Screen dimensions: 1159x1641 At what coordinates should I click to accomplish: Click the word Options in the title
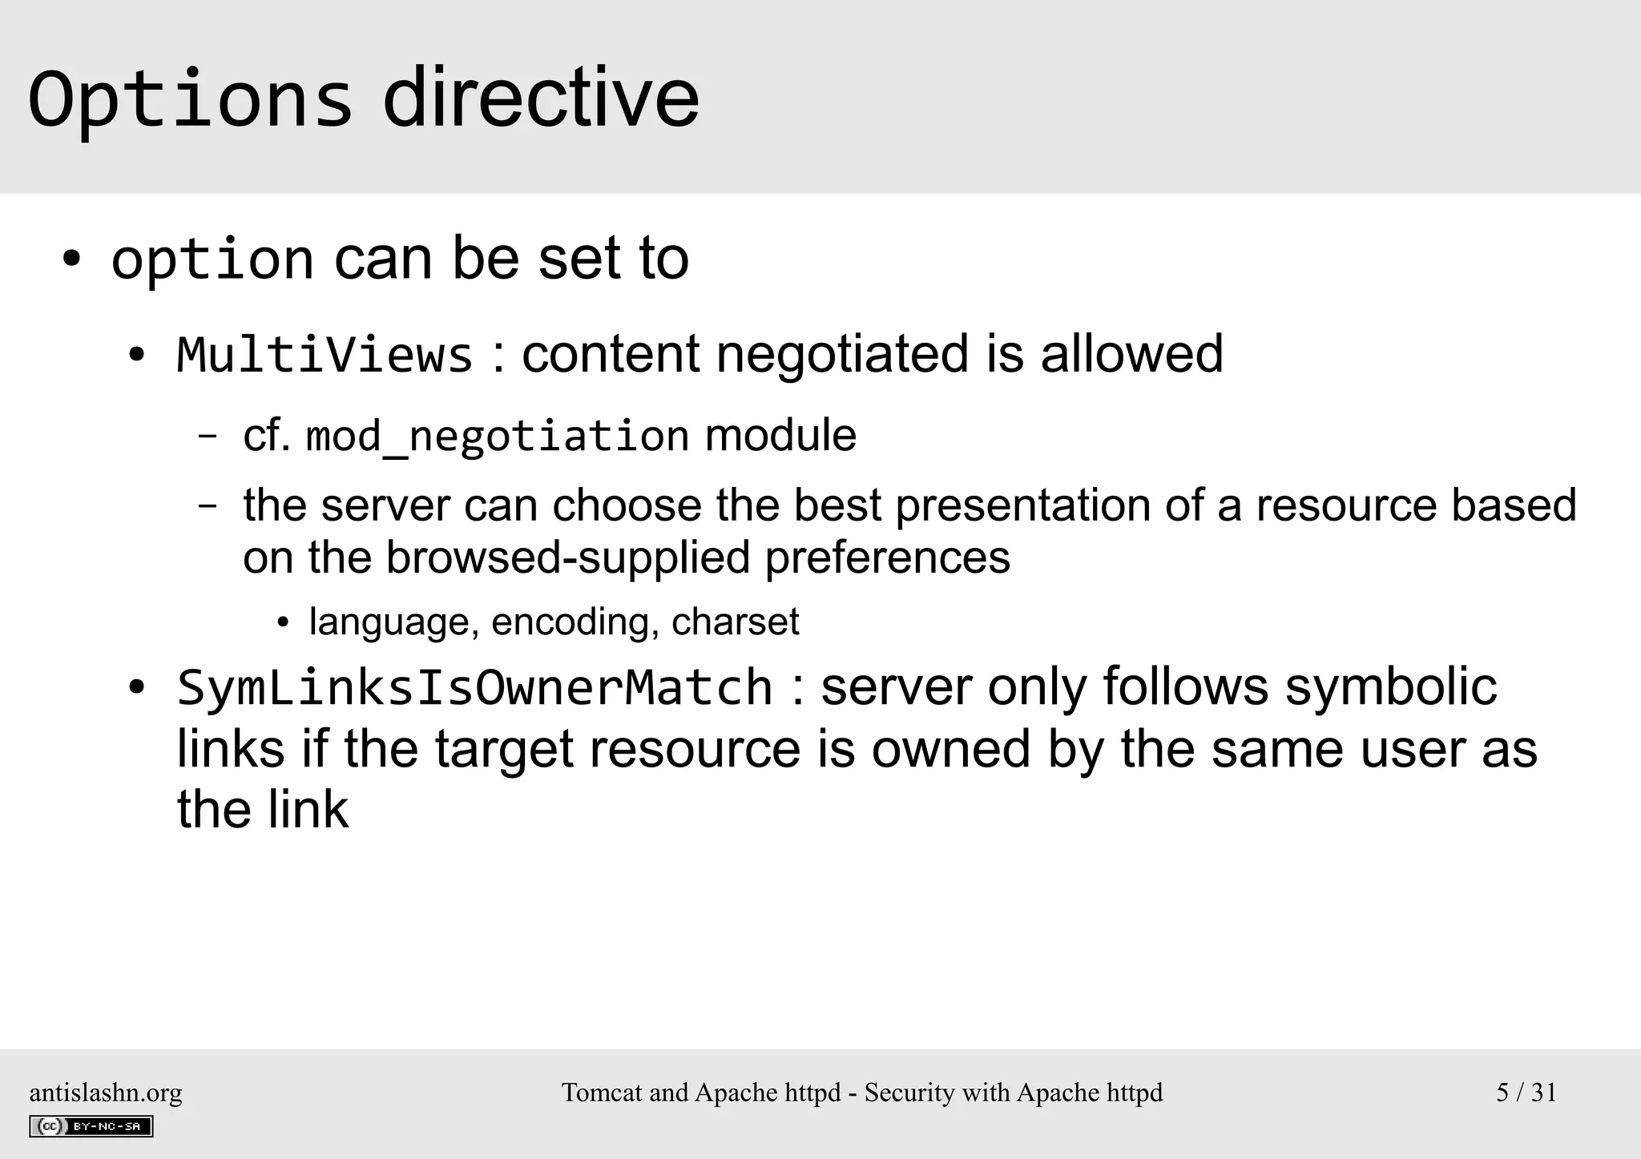(190, 99)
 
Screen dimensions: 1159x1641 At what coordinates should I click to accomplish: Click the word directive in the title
(541, 99)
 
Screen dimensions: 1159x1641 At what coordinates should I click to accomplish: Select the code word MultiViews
(325, 355)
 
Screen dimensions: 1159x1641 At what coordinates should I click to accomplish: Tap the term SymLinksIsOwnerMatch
(474, 688)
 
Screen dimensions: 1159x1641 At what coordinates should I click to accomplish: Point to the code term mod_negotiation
(498, 437)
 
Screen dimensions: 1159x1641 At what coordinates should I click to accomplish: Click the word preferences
(887, 557)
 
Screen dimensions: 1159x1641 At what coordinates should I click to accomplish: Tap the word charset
(735, 622)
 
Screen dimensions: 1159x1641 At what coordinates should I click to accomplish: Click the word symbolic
(1391, 687)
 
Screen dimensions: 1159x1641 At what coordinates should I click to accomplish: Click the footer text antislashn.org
(106, 1093)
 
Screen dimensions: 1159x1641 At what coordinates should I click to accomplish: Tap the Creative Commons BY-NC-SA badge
(91, 1126)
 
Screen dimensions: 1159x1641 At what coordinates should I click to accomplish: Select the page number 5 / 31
(1526, 1093)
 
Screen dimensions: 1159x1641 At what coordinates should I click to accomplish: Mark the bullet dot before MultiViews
(136, 356)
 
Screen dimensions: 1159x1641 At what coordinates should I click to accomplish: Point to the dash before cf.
(207, 437)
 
